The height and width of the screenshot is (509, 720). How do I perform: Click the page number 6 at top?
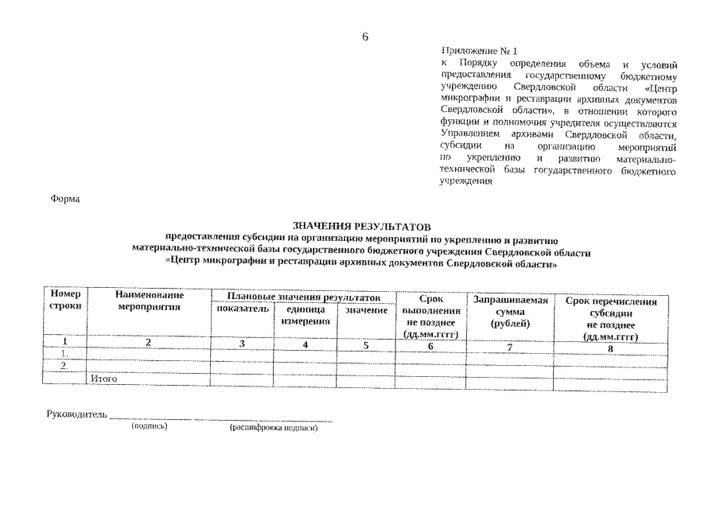pos(364,37)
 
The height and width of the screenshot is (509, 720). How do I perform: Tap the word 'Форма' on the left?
pos(66,198)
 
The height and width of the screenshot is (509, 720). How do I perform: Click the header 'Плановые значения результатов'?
pos(300,296)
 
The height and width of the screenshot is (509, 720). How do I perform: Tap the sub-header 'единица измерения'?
pos(306,315)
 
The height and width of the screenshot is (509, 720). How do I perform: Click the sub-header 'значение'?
pos(366,309)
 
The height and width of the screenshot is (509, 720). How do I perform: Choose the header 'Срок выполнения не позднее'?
pos(430,317)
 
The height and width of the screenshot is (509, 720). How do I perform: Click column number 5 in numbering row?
pos(366,345)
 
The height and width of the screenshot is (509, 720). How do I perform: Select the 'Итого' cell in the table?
pos(104,379)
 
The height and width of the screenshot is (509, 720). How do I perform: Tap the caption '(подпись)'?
pos(149,426)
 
